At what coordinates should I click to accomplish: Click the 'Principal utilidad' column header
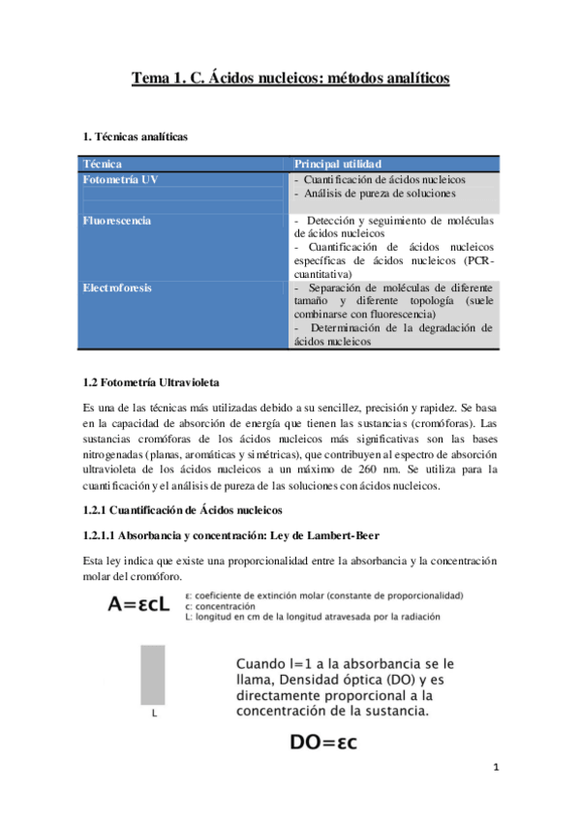click(338, 165)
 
